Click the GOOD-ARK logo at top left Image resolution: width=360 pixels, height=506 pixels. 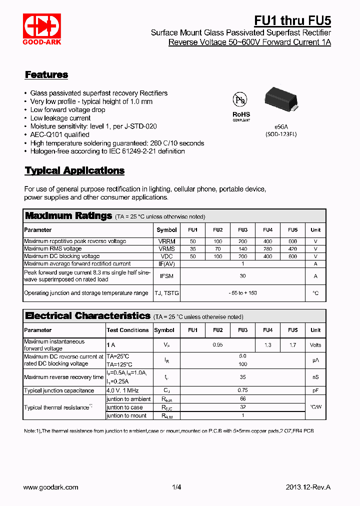coord(42,29)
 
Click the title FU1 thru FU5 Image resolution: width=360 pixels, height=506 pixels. coord(292,20)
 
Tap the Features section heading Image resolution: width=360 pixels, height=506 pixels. coord(46,75)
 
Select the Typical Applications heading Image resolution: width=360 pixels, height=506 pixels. coord(74,170)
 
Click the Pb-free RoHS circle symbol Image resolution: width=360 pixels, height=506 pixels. coord(239,99)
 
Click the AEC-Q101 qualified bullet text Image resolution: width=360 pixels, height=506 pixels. coord(60,134)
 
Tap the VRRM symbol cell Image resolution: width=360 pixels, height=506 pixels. coord(167,241)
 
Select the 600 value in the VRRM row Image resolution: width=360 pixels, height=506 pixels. coord(292,241)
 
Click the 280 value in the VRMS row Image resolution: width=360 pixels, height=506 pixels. coord(267,249)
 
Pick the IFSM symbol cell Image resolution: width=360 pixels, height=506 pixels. coord(167,276)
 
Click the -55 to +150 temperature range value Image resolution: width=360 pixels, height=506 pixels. coord(242,293)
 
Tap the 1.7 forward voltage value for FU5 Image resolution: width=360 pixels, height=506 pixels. coord(292,345)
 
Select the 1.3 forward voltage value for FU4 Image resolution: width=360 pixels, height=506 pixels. coord(267,345)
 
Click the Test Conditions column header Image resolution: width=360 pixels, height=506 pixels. coord(127,330)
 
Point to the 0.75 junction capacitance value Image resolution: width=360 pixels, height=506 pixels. coord(242,390)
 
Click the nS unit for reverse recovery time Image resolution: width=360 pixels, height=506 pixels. coord(315,377)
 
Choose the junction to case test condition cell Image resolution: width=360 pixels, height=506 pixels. coord(124,407)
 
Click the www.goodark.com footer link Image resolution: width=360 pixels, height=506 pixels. coord(51,487)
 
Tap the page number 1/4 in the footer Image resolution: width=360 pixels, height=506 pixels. coord(176,487)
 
